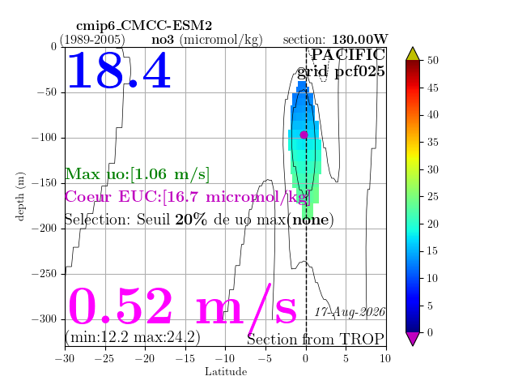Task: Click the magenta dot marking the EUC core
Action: tap(304, 135)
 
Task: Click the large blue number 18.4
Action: tap(119, 71)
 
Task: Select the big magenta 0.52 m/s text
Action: tap(182, 307)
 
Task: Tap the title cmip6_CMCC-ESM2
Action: tap(144, 25)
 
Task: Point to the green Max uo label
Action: tap(137, 174)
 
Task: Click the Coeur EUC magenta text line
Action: tap(188, 197)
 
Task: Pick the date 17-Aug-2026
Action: tap(350, 312)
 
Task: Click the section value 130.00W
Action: tap(359, 39)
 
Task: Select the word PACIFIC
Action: tap(348, 55)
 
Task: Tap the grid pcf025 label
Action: tap(341, 71)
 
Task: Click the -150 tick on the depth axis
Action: tap(45, 183)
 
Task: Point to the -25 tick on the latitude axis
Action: tap(105, 358)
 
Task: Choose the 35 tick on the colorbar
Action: tap(433, 143)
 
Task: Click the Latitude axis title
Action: tap(226, 371)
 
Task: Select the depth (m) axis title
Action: tap(20, 196)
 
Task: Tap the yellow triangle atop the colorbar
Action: tap(413, 54)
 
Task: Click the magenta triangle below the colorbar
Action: tap(413, 339)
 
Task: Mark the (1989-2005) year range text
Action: tap(92, 40)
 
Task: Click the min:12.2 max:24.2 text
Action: tap(133, 337)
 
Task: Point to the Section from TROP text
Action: tap(316, 340)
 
